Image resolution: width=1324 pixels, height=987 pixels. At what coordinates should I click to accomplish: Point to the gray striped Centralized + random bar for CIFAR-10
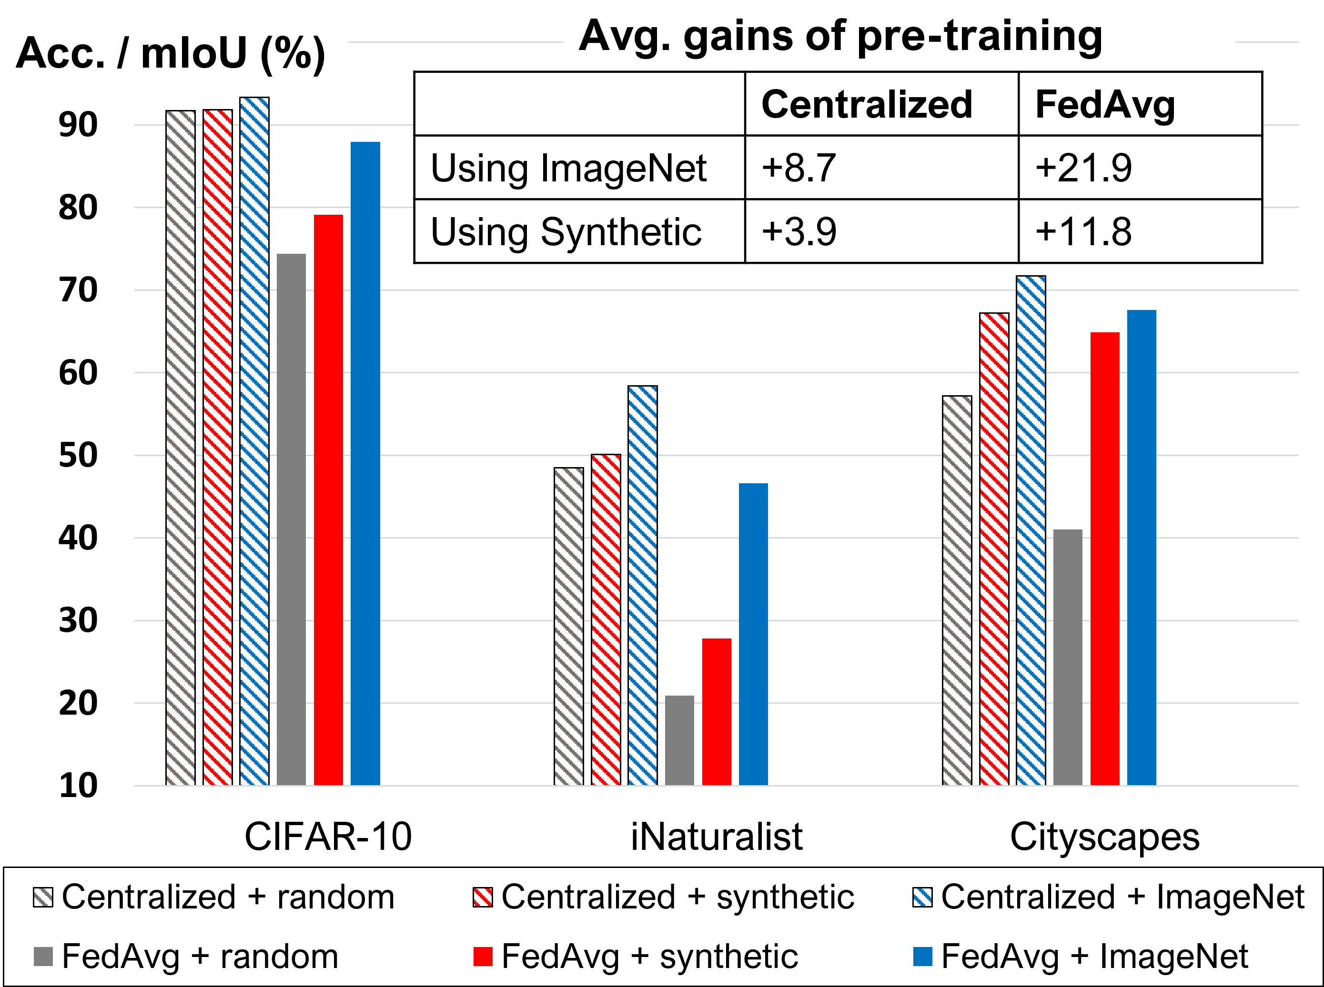pos(180,448)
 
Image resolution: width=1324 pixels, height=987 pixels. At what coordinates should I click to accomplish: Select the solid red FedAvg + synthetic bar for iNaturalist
pos(716,711)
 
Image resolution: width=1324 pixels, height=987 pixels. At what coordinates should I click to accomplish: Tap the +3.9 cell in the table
pos(798,231)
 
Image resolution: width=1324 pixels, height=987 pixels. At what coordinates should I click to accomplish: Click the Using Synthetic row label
pos(566,231)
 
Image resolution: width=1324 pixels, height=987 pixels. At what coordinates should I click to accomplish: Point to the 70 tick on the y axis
pos(78,291)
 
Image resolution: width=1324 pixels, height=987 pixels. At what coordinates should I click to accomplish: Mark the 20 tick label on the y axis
pos(78,704)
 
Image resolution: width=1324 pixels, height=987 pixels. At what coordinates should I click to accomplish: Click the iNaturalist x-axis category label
pos(716,837)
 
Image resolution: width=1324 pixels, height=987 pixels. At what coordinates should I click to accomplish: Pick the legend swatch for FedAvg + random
pos(43,956)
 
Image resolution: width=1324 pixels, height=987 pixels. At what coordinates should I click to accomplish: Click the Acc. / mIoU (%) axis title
pos(171,54)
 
